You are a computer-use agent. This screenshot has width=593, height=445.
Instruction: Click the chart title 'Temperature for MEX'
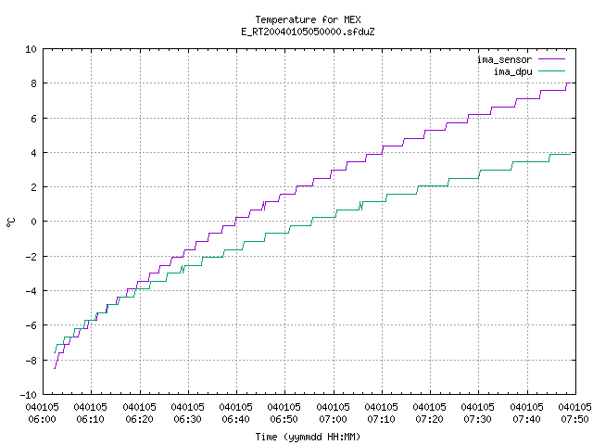click(x=308, y=19)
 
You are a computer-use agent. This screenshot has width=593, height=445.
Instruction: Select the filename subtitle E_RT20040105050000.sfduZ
click(x=308, y=32)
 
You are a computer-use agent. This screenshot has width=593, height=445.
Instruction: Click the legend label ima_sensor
click(x=504, y=59)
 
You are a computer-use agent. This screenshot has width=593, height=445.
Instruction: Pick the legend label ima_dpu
click(x=512, y=71)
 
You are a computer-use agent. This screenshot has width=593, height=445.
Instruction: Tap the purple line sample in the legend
click(x=552, y=59)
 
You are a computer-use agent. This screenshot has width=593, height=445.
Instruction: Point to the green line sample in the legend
click(x=552, y=70)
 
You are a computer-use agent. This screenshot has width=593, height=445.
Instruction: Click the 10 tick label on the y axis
click(x=31, y=49)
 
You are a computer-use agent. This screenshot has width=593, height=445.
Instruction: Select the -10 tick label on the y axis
click(x=29, y=395)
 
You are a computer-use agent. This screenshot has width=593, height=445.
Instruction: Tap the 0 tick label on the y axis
click(x=34, y=222)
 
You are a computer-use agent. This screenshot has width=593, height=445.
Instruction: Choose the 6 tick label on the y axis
click(x=34, y=119)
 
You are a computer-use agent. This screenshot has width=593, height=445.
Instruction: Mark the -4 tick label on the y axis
click(x=31, y=291)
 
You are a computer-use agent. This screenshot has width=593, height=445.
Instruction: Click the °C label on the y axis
click(x=10, y=222)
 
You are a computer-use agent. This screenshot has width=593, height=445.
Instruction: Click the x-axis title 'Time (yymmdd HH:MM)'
click(x=308, y=437)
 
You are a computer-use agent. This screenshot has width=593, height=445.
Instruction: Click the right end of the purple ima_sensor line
click(x=571, y=83)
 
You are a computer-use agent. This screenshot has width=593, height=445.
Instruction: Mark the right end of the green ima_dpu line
click(x=571, y=155)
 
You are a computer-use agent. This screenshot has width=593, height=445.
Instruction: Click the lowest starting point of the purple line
click(x=55, y=368)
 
